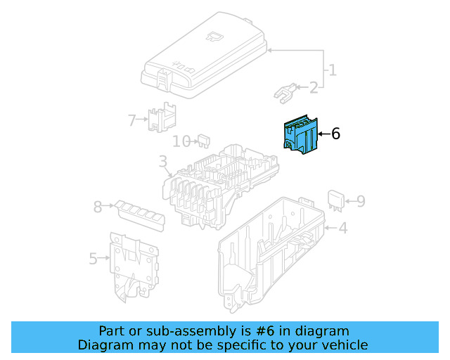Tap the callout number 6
[335, 134]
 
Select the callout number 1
[332, 70]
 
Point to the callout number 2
[313, 88]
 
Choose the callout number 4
[342, 229]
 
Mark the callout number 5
[94, 259]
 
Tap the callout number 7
[131, 120]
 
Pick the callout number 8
[98, 207]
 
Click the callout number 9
[360, 202]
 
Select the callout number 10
[181, 141]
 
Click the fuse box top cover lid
[204, 53]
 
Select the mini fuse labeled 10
[205, 140]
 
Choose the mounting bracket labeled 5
[134, 267]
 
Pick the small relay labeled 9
[335, 199]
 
